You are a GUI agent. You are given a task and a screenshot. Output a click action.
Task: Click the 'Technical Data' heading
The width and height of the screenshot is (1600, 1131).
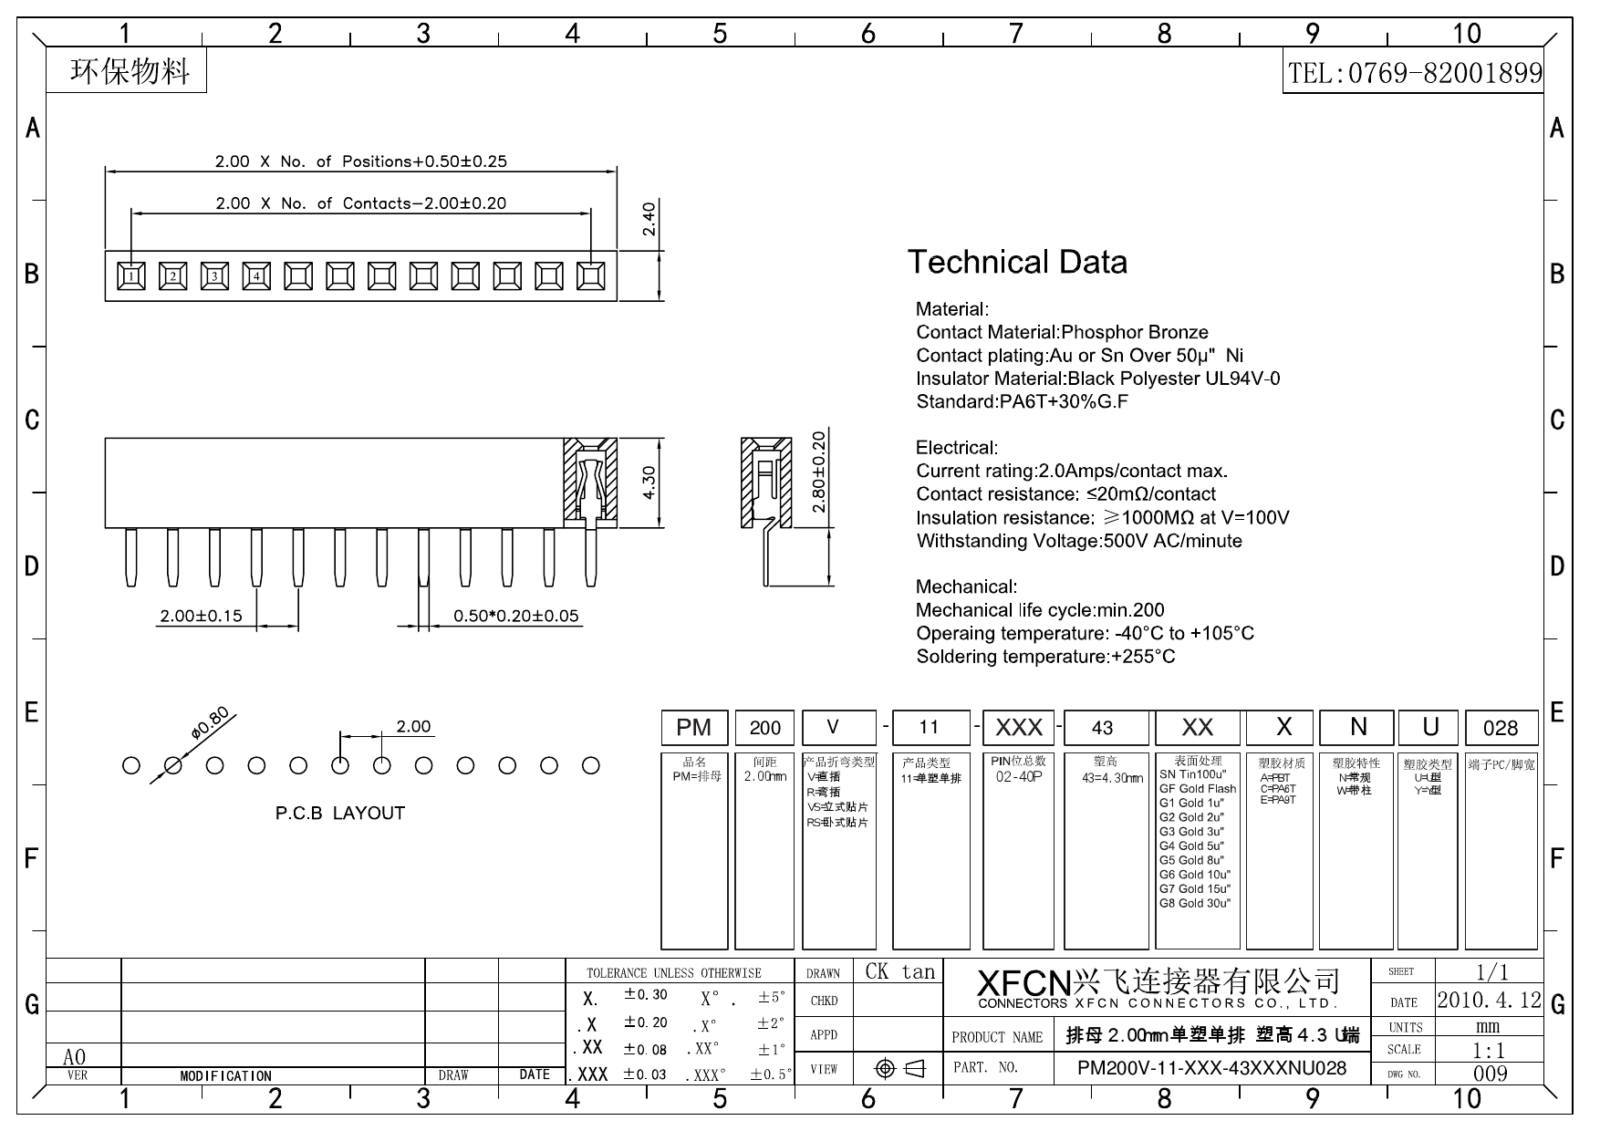click(1017, 263)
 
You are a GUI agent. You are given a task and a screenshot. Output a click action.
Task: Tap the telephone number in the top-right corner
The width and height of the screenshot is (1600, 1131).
click(1414, 73)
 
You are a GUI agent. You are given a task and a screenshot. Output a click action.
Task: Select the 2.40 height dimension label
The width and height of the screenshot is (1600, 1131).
click(649, 219)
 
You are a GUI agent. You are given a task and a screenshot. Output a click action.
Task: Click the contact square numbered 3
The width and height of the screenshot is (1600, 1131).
click(214, 275)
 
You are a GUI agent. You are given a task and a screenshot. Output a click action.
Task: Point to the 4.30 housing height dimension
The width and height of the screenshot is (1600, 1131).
click(649, 482)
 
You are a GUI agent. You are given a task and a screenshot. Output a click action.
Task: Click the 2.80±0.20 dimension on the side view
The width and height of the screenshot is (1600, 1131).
click(818, 471)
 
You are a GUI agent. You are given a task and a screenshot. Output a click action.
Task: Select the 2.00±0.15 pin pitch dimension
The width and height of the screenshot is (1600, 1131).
click(201, 616)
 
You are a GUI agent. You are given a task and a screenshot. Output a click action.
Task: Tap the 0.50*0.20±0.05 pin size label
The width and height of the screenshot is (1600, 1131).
click(516, 616)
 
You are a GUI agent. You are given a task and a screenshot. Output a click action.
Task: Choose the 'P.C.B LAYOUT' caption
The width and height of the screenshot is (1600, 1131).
click(339, 813)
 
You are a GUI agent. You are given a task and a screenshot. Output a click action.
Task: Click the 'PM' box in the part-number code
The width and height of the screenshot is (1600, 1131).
click(694, 727)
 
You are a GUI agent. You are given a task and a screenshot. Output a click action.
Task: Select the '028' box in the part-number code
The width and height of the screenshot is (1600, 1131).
click(1501, 728)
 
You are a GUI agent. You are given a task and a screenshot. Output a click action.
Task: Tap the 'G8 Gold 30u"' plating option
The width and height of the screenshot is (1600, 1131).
click(1195, 903)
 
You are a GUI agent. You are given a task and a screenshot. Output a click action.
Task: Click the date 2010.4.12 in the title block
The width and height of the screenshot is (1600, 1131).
click(1489, 1000)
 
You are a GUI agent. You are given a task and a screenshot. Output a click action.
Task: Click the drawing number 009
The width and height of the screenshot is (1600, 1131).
click(1490, 1074)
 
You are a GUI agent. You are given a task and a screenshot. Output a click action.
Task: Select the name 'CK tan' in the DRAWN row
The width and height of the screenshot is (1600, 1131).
click(900, 971)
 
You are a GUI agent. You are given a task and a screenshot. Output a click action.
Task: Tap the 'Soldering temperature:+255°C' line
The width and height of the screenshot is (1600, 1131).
click(1045, 657)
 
